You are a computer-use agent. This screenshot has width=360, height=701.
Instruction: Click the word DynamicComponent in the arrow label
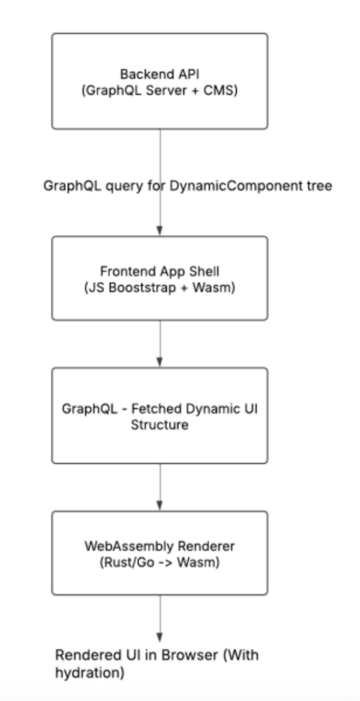[234, 186]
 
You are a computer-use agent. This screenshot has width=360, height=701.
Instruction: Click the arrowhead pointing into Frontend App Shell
[159, 231]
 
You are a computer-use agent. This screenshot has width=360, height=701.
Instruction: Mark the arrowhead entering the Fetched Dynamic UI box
[159, 362]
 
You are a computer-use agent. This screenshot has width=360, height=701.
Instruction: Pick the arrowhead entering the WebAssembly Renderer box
[159, 506]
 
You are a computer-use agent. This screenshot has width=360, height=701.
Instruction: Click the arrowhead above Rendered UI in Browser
[159, 637]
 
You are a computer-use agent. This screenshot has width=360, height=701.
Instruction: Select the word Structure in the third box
[159, 424]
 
